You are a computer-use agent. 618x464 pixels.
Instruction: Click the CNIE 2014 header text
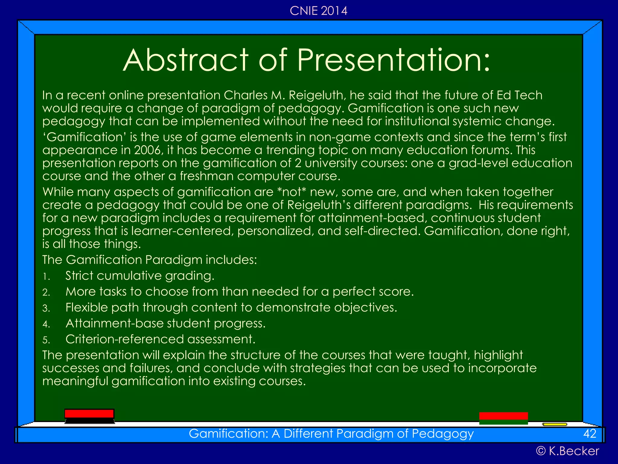pos(318,11)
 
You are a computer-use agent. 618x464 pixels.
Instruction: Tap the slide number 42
pos(590,433)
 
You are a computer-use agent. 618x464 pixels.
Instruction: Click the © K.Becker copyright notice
pos(567,451)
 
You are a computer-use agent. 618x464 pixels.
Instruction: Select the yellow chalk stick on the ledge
pos(554,424)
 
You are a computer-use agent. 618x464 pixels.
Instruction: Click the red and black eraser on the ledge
pos(89,416)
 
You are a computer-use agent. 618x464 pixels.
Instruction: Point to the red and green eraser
pos(503,418)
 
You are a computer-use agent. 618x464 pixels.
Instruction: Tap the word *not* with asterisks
pos(291,192)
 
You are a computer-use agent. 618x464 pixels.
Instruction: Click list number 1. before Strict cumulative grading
pos(46,276)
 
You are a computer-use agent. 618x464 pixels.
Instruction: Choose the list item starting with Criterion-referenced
pos(160,339)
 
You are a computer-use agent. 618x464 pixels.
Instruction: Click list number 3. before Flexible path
pos(46,308)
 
